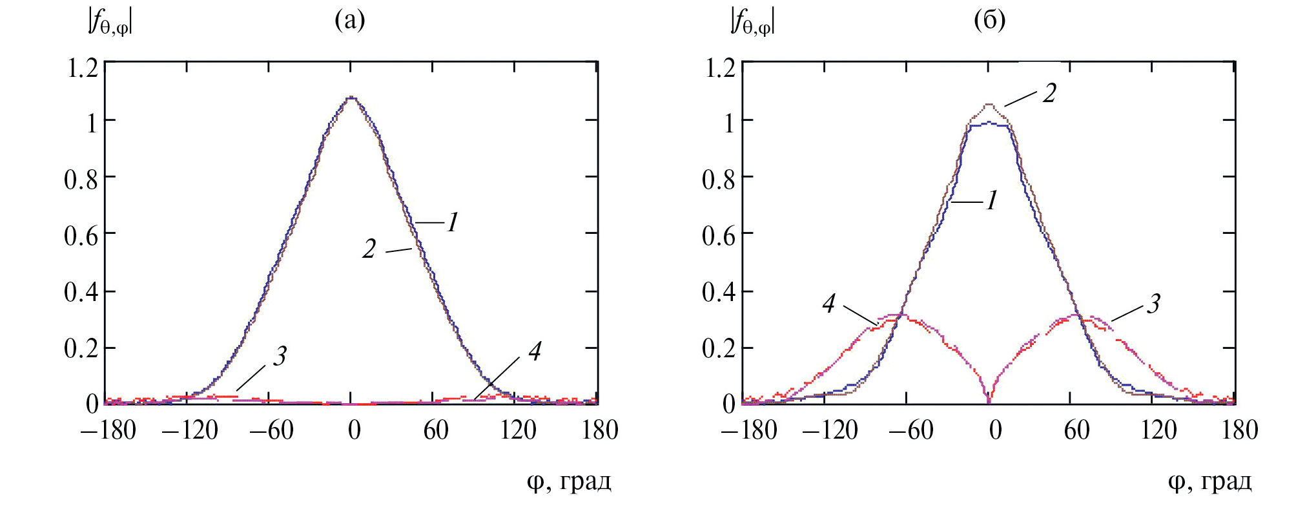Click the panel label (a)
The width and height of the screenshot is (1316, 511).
tap(349, 21)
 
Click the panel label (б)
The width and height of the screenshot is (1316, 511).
tap(989, 21)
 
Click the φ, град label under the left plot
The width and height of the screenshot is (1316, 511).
tap(569, 481)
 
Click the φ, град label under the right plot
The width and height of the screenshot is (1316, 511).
tap(1209, 481)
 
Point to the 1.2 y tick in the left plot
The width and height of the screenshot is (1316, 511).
tap(83, 67)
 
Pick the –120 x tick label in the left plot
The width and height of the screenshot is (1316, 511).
tap(190, 430)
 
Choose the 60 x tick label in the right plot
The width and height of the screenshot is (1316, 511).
tap(1076, 430)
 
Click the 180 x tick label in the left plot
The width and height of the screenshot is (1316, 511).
tap(600, 430)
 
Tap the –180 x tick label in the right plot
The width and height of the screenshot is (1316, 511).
tap(749, 430)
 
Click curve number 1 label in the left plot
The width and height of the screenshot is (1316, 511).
tap(453, 223)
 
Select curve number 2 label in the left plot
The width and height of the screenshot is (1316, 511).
tap(369, 249)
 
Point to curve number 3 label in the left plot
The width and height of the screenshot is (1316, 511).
tap(280, 356)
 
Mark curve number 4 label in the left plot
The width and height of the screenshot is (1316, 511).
tap(535, 351)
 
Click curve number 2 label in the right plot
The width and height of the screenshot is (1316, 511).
tap(1049, 94)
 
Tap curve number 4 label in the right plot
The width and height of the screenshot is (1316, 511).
tap(829, 304)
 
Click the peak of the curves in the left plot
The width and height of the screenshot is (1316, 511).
tap(351, 98)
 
